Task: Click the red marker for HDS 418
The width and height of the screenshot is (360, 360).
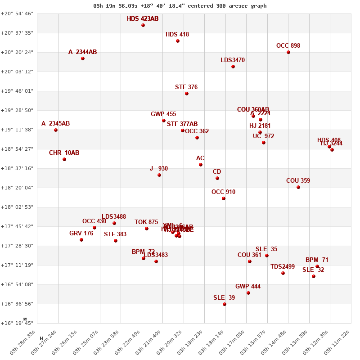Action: coord(178,41)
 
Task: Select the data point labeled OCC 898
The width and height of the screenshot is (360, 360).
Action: coord(288,52)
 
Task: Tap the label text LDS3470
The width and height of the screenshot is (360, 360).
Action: coord(233,60)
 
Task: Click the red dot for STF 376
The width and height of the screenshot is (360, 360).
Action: coord(187,94)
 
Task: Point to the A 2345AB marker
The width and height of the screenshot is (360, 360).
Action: coord(56,130)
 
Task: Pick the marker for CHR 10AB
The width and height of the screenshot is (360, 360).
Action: coord(64,159)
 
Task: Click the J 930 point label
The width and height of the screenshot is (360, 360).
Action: coord(159,168)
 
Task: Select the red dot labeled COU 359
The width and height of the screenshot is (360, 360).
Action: coord(298,187)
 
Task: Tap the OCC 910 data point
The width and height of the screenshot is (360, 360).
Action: coord(224,198)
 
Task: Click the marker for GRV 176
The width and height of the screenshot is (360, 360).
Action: coord(81,240)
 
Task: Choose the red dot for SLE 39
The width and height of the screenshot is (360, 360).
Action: coord(225,304)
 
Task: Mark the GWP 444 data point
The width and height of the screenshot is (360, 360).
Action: coord(248,293)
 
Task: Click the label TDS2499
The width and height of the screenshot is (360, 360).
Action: coord(283,266)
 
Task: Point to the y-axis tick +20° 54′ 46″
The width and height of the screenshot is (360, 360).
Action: coord(17,13)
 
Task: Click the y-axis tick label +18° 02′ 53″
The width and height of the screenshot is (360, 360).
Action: coord(17,207)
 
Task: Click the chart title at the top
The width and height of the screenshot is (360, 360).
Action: coord(180,6)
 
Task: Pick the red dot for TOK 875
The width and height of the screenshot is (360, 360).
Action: coord(147,229)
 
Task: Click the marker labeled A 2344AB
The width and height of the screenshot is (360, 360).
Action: coord(83,58)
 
